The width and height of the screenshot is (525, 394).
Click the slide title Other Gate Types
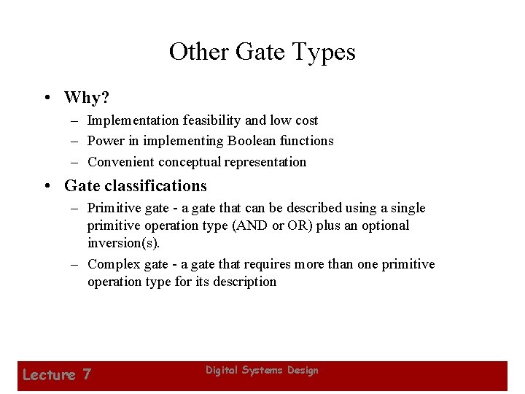point(262,53)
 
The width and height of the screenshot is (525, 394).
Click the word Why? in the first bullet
point(86,97)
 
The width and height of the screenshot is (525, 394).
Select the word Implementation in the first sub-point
point(133,120)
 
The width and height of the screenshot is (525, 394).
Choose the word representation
point(265,162)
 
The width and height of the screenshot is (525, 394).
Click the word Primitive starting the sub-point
point(114,208)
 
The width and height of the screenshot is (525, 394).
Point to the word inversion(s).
point(123,243)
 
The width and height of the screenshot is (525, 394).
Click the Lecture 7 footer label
point(57,375)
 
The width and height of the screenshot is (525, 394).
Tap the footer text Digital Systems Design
point(262,371)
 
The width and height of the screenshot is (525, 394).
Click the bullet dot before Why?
point(46,98)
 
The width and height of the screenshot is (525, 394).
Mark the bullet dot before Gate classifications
point(46,187)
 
